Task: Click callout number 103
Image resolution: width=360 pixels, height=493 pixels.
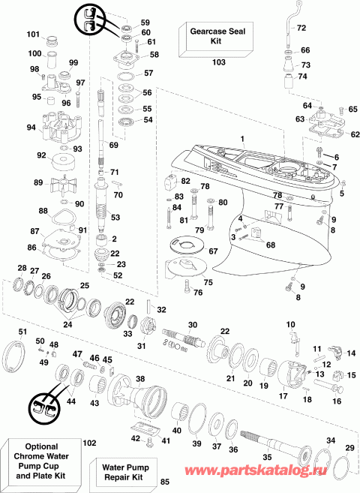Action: coord(218,63)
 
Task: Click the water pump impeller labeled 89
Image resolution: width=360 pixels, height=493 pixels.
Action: coord(62,183)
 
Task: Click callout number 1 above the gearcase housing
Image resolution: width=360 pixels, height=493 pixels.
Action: coord(242,139)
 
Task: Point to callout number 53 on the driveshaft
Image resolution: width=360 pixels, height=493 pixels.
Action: coord(115,217)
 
